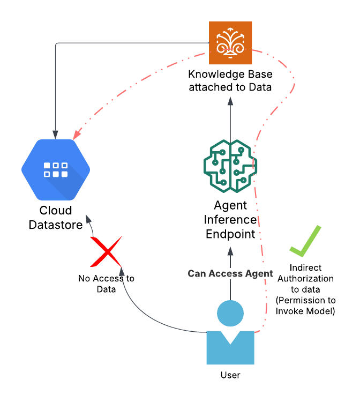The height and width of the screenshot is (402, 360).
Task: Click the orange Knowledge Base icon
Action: [x=230, y=43]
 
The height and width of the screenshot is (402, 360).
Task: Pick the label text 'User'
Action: [x=230, y=374]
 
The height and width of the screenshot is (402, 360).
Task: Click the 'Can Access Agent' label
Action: [x=230, y=273]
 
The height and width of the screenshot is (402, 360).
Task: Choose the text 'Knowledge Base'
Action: [x=230, y=74]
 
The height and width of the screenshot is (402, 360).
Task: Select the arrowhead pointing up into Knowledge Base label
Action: [x=230, y=100]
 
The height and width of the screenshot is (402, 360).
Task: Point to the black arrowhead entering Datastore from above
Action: [x=56, y=133]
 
